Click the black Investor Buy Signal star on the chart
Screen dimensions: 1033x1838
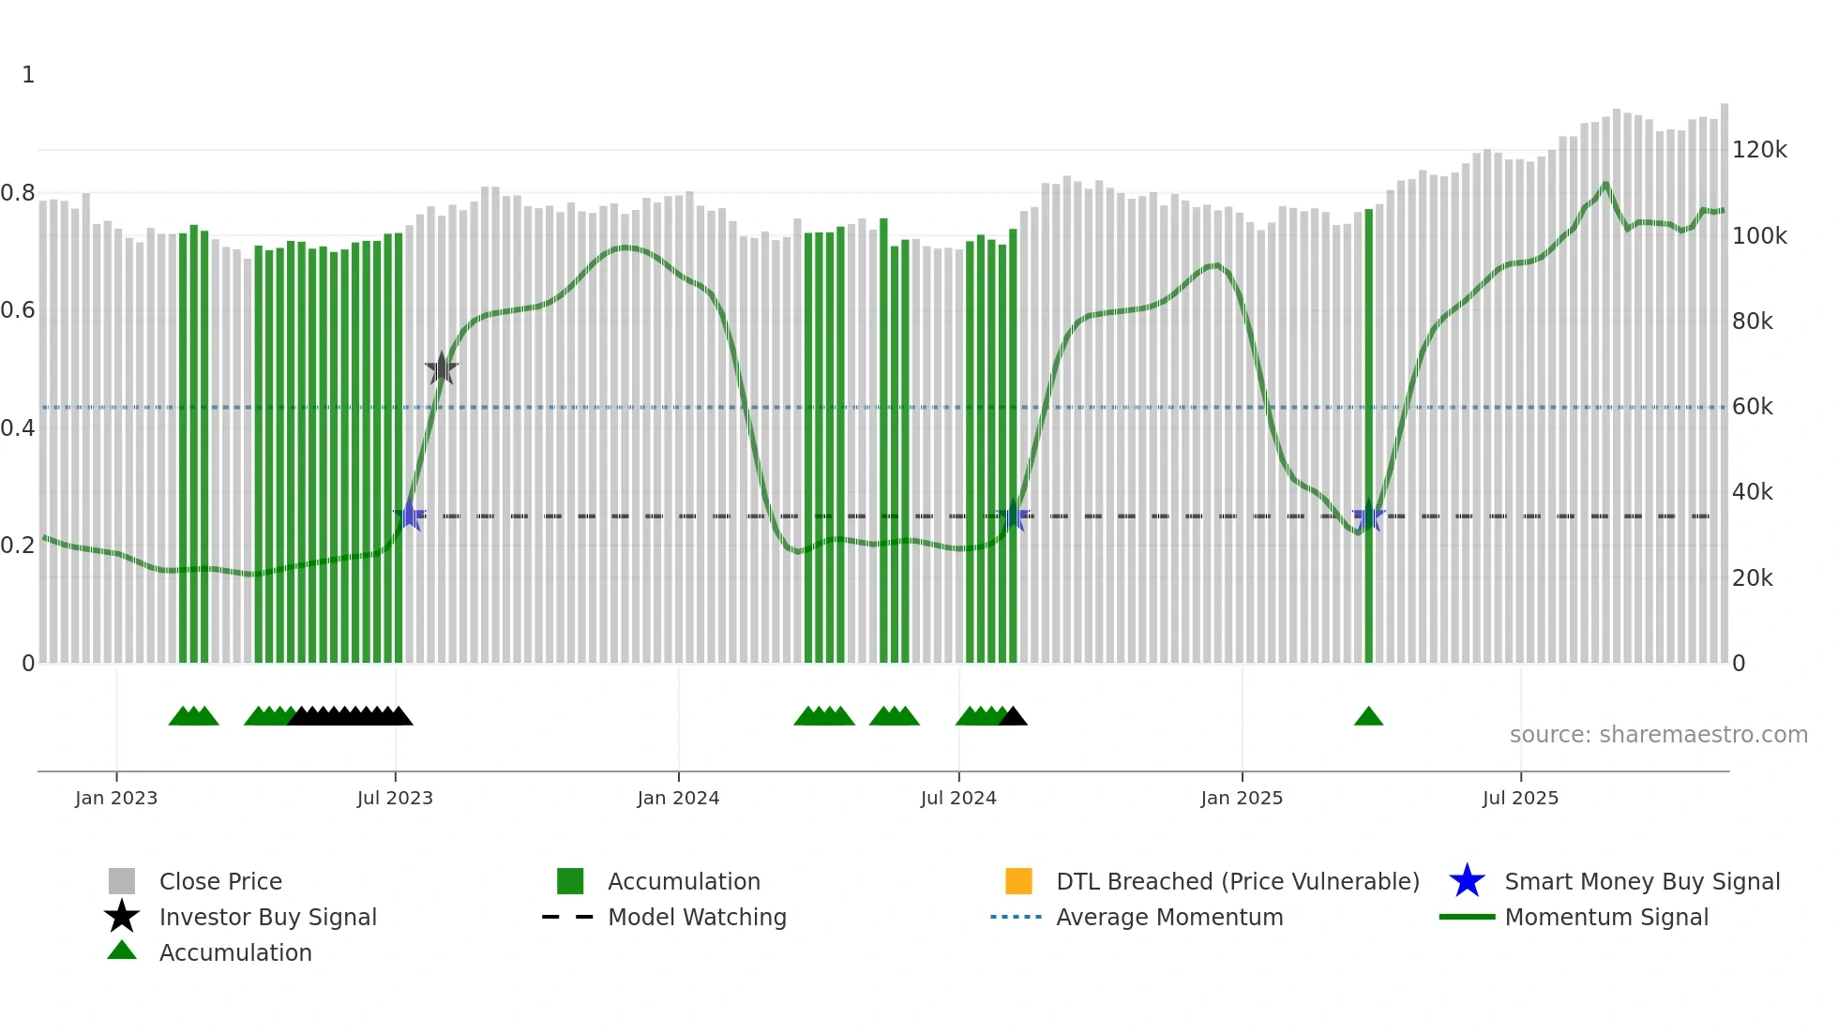click(442, 368)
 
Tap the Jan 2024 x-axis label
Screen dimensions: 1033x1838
click(678, 798)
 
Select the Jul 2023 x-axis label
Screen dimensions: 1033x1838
click(395, 798)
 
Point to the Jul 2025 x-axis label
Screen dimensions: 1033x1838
click(1520, 798)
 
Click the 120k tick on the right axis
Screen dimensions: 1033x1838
click(1759, 150)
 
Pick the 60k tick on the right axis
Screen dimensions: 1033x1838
click(1752, 407)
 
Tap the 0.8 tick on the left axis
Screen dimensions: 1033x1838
click(18, 193)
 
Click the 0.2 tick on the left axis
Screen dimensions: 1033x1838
click(18, 546)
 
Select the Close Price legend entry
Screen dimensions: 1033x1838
click(220, 881)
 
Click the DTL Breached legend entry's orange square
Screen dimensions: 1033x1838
click(1018, 881)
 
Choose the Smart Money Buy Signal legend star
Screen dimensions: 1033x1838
click(1467, 881)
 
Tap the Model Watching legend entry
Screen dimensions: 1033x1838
click(697, 917)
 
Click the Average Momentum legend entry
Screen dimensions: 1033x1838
click(1169, 917)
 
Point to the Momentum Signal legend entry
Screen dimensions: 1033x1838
click(1606, 917)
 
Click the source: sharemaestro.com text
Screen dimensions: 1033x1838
click(1658, 735)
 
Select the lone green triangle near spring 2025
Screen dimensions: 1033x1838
click(1368, 717)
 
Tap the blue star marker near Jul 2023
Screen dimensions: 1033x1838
click(409, 516)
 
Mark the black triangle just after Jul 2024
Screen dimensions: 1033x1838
click(1013, 717)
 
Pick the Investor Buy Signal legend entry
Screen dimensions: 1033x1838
click(267, 917)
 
